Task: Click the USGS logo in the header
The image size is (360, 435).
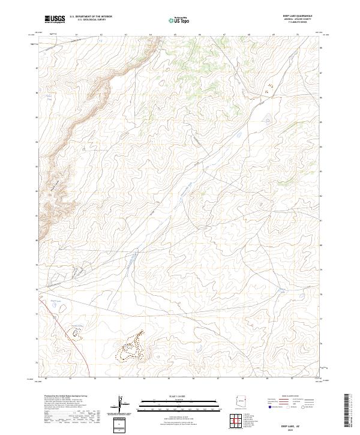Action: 55,19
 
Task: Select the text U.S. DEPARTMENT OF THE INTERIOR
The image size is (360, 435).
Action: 91,17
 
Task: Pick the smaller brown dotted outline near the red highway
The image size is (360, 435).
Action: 77,333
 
